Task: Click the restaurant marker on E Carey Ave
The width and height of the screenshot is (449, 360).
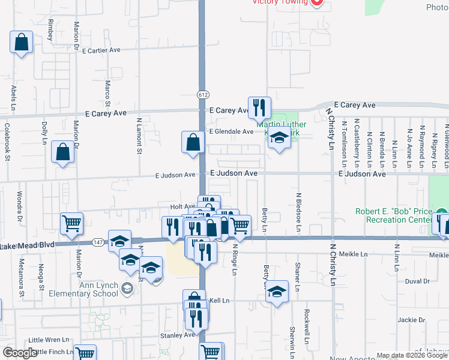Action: coord(259,108)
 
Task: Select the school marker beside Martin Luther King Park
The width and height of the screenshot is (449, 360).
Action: coord(279,139)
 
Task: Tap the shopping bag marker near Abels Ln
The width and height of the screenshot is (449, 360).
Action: coord(22,43)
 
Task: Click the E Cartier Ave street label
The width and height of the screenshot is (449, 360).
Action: coord(102,50)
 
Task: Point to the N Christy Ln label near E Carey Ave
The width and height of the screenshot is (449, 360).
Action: coord(330,128)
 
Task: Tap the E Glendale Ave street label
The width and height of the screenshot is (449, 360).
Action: coord(231,131)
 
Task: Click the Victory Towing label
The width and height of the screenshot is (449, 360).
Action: coord(280,2)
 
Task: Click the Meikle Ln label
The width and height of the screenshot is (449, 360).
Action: coord(353,254)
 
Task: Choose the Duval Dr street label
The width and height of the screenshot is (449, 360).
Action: coord(418,281)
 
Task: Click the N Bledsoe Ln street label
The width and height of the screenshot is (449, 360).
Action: coord(298,212)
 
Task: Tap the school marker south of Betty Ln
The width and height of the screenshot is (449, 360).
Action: coord(276,292)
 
